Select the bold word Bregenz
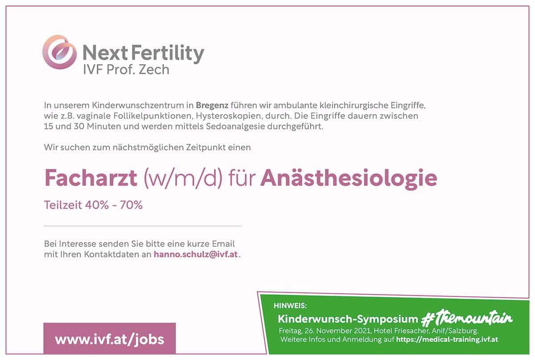pyautogui.click(x=212, y=106)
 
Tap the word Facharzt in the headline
pyautogui.click(x=91, y=178)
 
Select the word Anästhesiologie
pyautogui.click(x=348, y=178)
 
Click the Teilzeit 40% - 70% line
pyautogui.click(x=93, y=205)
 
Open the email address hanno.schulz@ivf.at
pyautogui.click(x=196, y=255)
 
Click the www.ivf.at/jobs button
pyautogui.click(x=110, y=339)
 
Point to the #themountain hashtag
pyautogui.click(x=467, y=319)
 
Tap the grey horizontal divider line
pyautogui.click(x=143, y=226)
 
